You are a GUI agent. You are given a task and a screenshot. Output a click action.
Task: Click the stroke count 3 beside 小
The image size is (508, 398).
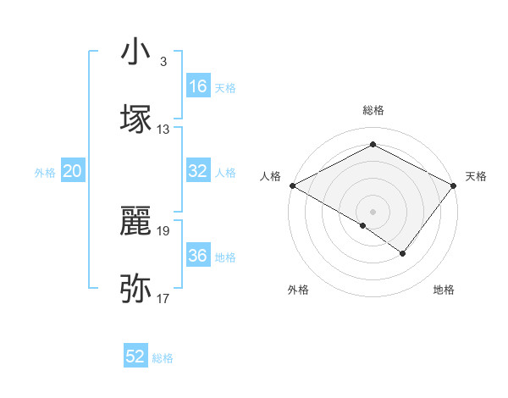pyautogui.click(x=163, y=62)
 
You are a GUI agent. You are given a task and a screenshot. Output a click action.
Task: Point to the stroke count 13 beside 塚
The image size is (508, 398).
pyautogui.click(x=163, y=130)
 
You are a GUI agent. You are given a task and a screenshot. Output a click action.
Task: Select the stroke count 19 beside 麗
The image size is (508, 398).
pyautogui.click(x=163, y=230)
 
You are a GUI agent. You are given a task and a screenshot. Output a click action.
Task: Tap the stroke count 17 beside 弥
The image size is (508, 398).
pyautogui.click(x=163, y=299)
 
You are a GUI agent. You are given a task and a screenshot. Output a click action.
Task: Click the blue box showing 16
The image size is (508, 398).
pyautogui.click(x=198, y=86)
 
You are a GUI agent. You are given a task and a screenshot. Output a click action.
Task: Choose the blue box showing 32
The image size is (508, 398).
pyautogui.click(x=198, y=171)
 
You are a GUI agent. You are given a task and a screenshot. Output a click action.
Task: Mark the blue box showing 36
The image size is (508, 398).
pyautogui.click(x=198, y=256)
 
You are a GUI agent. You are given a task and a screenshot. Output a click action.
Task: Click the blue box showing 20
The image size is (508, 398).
pyautogui.click(x=72, y=171)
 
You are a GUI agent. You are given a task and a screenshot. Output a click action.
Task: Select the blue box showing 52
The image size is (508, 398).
pyautogui.click(x=135, y=357)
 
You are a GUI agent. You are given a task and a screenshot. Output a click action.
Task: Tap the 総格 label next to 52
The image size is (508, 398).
pyautogui.click(x=163, y=358)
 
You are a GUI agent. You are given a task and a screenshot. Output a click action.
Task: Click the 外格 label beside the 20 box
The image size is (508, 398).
pyautogui.click(x=45, y=173)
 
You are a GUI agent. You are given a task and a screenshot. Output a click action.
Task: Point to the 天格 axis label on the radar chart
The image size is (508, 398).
pyautogui.click(x=476, y=176)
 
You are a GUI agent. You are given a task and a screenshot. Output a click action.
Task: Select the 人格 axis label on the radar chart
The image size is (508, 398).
pyautogui.click(x=270, y=176)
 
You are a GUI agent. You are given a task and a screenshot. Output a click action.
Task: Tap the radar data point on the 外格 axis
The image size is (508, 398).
pyautogui.click(x=363, y=225)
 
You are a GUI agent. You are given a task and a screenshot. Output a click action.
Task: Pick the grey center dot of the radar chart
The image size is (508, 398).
pyautogui.click(x=373, y=211)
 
